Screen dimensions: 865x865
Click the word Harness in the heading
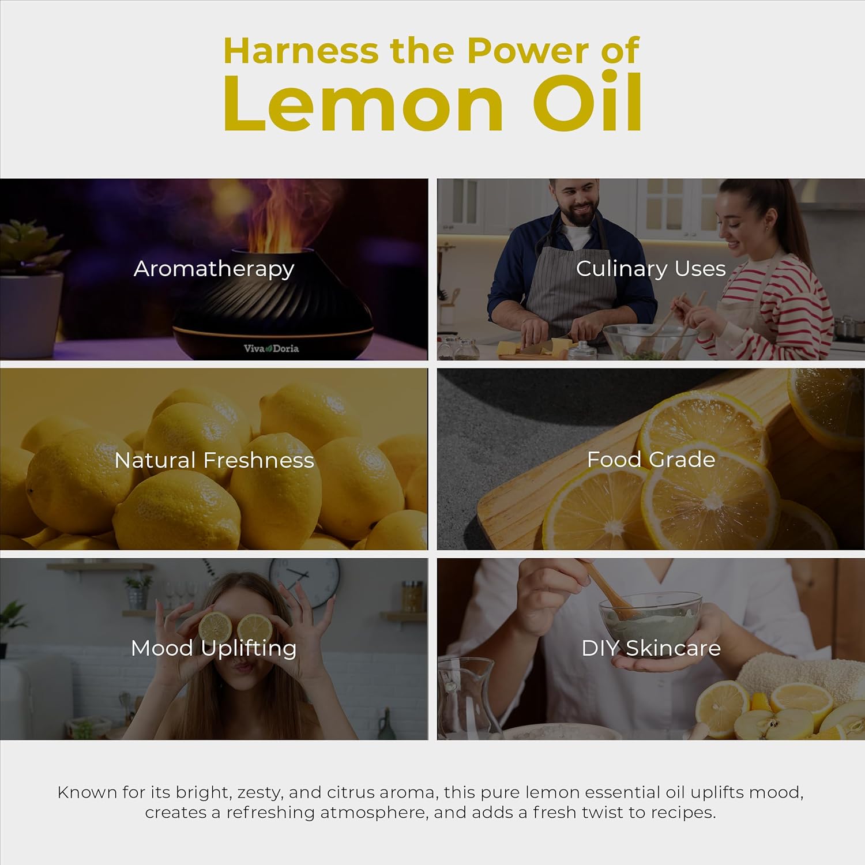300,51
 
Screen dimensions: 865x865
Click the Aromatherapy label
214,269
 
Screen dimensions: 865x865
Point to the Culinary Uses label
650,269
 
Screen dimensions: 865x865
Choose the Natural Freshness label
214,460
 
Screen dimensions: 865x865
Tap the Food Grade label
651,460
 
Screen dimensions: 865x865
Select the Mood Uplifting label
214,649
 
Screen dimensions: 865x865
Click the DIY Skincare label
651,648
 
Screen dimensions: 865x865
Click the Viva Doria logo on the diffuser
271,348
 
